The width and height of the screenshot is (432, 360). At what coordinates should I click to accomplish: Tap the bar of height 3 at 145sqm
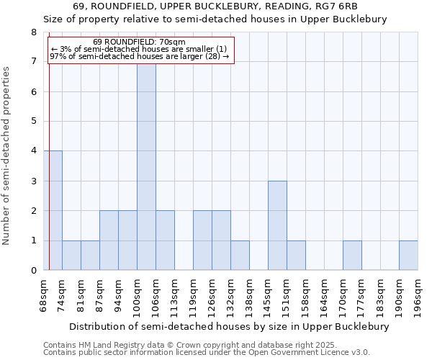click(x=277, y=225)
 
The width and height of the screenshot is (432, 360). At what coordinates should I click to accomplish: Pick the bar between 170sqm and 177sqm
click(x=352, y=256)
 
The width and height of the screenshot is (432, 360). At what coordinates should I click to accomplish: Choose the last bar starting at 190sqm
click(x=408, y=256)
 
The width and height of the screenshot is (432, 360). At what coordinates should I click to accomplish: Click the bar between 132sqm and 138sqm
click(x=240, y=256)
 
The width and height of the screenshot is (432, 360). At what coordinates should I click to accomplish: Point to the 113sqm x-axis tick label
click(x=175, y=296)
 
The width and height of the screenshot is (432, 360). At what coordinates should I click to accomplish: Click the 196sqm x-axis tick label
click(x=418, y=296)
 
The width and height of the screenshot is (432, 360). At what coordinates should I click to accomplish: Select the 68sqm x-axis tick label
click(x=44, y=296)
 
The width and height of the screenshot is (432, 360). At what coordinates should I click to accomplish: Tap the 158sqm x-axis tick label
click(x=306, y=296)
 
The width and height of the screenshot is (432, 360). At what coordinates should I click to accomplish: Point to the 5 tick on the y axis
click(x=33, y=121)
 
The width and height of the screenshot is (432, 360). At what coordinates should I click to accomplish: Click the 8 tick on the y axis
click(x=33, y=32)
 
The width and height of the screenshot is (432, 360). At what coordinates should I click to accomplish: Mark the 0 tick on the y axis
click(x=33, y=270)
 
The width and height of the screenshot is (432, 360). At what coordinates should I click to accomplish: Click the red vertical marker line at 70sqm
click(x=49, y=180)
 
